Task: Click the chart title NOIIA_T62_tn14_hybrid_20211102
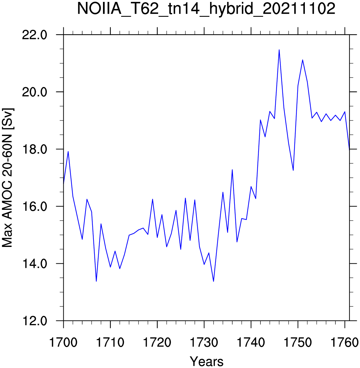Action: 206,9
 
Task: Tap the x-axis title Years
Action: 207,361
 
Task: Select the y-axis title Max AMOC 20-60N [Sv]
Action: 8,178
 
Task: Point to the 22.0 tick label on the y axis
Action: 35,35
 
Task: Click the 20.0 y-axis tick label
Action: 35,92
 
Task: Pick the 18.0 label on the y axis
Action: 35,149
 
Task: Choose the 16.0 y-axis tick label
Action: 35,206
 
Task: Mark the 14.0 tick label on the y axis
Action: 35,264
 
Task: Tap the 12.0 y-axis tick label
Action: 35,321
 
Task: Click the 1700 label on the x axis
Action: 63,342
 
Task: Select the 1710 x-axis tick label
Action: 110,342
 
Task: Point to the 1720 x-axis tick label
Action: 157,342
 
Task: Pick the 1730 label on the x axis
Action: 204,342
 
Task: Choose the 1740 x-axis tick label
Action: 251,342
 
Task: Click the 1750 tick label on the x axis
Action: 298,342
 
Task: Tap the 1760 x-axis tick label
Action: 344,342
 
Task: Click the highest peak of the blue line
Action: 279,50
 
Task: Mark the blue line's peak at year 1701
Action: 68,152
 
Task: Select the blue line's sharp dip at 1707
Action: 96,281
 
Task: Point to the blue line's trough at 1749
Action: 293,170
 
